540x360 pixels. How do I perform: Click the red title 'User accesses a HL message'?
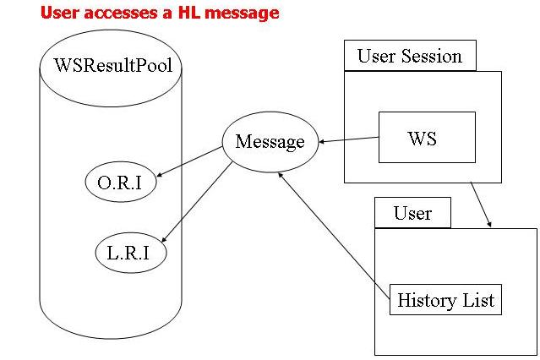tap(160, 13)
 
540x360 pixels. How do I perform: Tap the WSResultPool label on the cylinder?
tap(112, 65)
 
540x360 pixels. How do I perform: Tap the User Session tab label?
tap(410, 57)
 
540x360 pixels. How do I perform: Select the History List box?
tap(445, 299)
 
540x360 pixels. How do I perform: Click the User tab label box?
tap(412, 213)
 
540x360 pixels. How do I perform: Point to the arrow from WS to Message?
tap(348, 140)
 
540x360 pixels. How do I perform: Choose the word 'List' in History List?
tap(476, 299)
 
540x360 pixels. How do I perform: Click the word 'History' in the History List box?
tap(425, 299)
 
